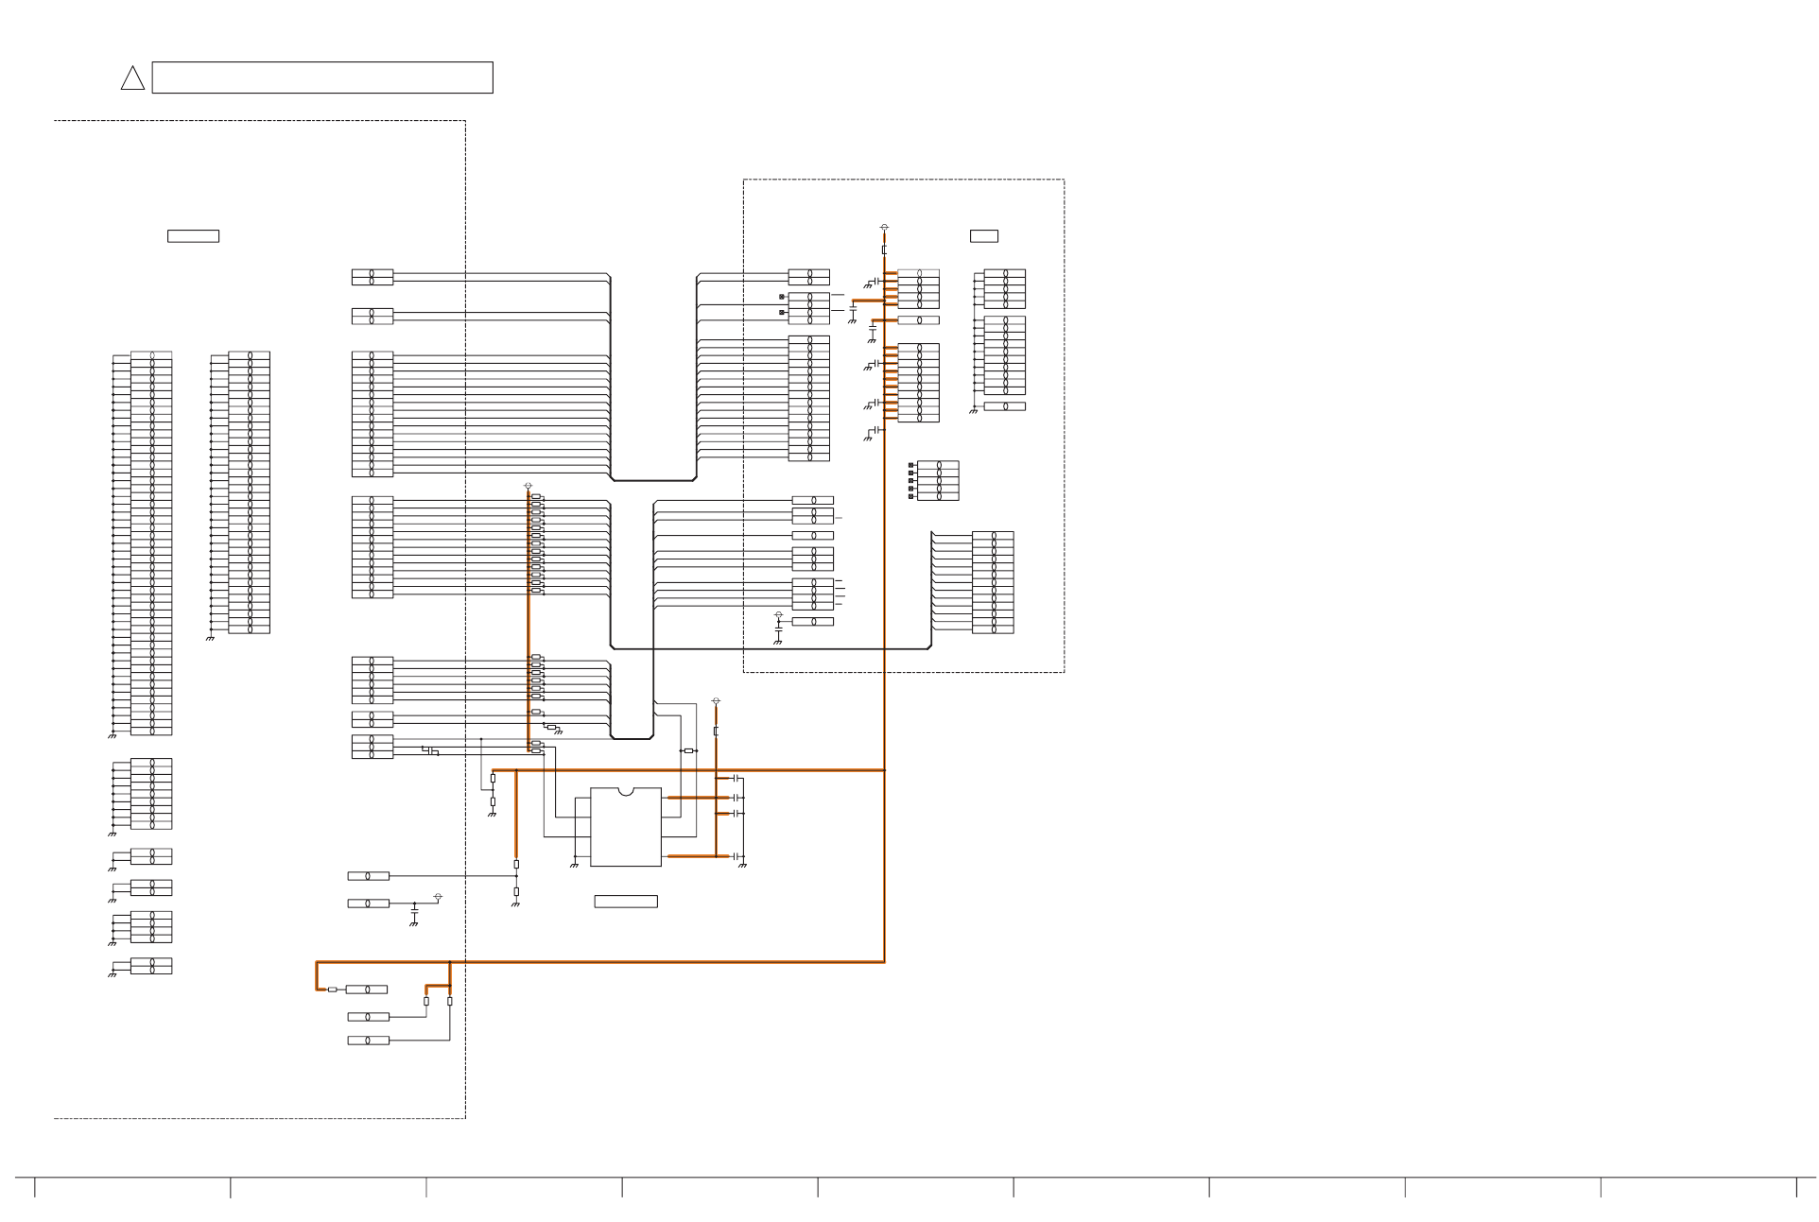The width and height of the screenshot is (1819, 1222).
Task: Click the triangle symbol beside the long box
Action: click(x=132, y=78)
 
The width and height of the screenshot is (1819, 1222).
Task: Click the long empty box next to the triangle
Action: click(x=322, y=77)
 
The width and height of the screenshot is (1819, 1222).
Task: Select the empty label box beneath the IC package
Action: click(x=626, y=902)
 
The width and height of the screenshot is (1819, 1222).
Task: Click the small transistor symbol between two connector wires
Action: click(x=430, y=750)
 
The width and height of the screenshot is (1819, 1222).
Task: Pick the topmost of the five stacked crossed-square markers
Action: click(x=911, y=465)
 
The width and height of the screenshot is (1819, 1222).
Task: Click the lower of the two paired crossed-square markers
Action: click(x=782, y=312)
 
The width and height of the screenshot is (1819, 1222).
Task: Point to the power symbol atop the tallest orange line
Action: click(x=884, y=227)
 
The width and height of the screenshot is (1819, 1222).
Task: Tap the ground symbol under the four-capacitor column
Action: click(x=742, y=865)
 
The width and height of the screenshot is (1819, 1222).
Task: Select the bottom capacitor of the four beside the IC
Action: click(x=736, y=856)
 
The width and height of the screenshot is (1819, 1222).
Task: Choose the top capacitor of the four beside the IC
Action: click(x=736, y=778)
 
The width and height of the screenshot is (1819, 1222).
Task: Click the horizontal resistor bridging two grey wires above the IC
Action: click(x=688, y=750)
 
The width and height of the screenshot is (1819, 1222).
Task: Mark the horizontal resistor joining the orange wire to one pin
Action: click(x=332, y=990)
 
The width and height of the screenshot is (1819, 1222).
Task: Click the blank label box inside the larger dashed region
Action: click(x=193, y=236)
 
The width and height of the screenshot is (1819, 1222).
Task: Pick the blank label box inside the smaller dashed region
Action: click(x=983, y=236)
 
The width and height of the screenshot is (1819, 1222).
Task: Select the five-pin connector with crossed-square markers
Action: click(x=938, y=480)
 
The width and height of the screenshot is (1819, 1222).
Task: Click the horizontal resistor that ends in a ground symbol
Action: click(x=551, y=727)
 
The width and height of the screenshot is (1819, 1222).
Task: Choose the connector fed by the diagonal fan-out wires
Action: click(x=993, y=582)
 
